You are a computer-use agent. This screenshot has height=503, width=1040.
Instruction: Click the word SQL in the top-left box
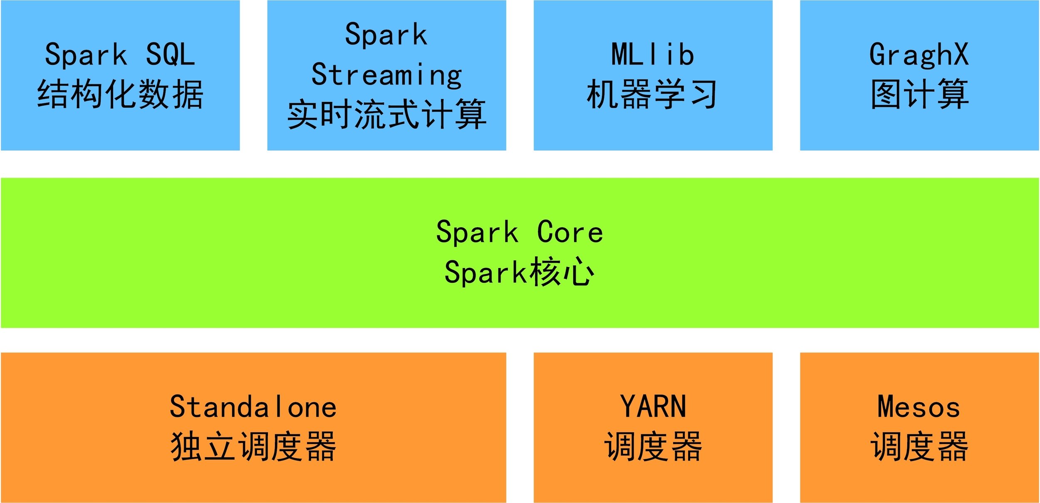(171, 54)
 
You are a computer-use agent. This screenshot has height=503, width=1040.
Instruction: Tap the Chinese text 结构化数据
(120, 94)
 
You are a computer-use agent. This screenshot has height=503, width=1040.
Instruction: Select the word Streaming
(386, 75)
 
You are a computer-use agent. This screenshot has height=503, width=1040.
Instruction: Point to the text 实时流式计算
(386, 114)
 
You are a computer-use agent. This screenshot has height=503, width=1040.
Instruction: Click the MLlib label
(653, 54)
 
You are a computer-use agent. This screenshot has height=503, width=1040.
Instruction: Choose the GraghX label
(919, 55)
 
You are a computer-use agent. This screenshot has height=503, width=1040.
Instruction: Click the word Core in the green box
(570, 232)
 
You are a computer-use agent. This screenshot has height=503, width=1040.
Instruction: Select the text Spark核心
(520, 272)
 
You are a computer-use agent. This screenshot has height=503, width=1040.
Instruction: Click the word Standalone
(253, 407)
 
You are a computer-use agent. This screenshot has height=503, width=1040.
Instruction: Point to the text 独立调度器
(253, 446)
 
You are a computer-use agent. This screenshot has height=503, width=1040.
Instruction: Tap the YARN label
(653, 407)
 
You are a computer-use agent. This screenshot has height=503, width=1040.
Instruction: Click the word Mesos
(919, 407)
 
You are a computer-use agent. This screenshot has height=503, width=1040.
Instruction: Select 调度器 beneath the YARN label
(653, 446)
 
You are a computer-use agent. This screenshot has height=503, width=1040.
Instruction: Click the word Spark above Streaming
(386, 35)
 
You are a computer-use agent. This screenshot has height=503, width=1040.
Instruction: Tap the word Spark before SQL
(86, 55)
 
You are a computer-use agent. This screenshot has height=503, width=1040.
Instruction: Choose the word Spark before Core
(478, 233)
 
